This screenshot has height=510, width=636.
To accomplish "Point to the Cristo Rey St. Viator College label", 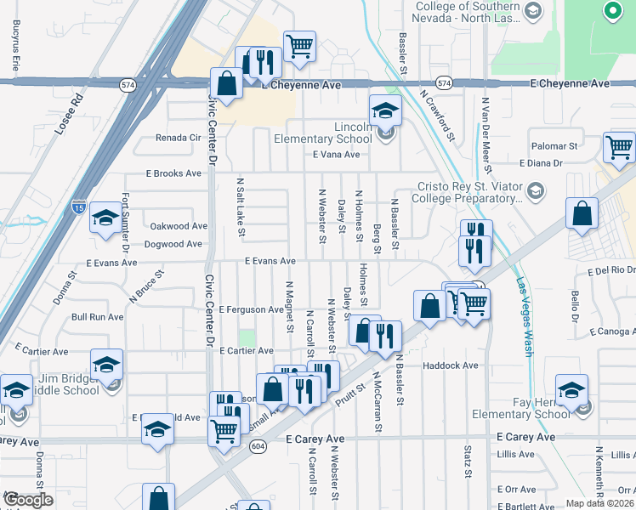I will pos(468,193).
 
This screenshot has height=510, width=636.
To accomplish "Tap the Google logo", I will pos(28,500).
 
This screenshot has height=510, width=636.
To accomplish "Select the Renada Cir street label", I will pos(177,137).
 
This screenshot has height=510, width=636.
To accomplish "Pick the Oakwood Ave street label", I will pos(179,226).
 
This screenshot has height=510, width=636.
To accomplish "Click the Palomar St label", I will pos(554,146).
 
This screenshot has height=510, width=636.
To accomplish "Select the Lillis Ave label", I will pos(516,456).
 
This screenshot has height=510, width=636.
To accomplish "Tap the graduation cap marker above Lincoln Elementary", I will pos(385,110).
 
